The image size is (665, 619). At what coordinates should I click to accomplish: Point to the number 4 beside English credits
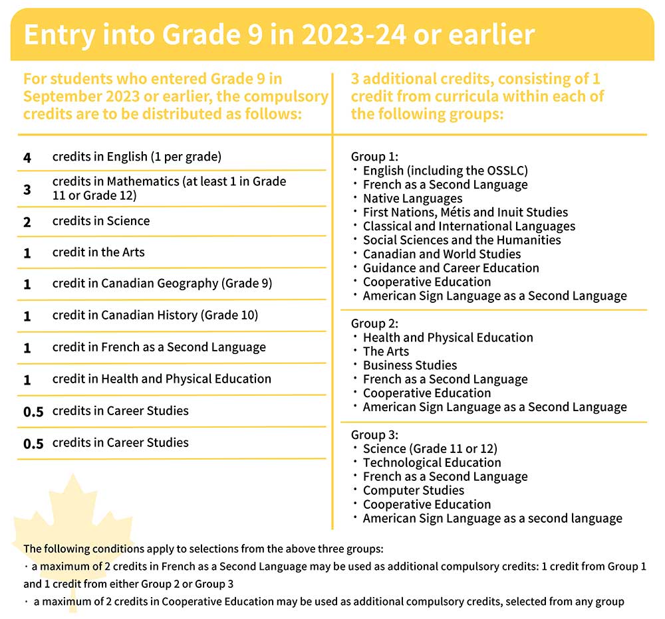click(27, 157)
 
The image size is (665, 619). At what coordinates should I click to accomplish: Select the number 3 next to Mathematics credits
click(27, 189)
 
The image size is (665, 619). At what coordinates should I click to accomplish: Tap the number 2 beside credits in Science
click(27, 221)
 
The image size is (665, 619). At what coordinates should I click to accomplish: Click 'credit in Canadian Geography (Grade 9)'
click(162, 284)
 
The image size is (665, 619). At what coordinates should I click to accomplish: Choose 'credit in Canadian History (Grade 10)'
click(155, 315)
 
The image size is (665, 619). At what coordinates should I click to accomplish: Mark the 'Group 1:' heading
click(374, 157)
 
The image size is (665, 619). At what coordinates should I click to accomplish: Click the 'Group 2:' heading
click(374, 323)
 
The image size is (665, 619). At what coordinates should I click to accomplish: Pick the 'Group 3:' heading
click(374, 435)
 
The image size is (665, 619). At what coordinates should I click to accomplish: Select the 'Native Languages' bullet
click(412, 199)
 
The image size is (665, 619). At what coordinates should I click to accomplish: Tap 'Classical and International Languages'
click(469, 226)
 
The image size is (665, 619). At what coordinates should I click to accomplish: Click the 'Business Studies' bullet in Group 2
click(410, 365)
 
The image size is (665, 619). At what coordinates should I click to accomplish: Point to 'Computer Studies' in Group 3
click(413, 491)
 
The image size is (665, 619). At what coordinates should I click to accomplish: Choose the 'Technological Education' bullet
click(432, 463)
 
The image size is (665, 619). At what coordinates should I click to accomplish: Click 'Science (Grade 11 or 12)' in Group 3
click(430, 449)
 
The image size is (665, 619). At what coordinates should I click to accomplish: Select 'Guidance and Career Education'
click(451, 268)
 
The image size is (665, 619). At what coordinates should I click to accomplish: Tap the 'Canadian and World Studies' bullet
click(442, 254)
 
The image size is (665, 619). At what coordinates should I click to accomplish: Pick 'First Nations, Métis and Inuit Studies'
click(465, 213)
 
